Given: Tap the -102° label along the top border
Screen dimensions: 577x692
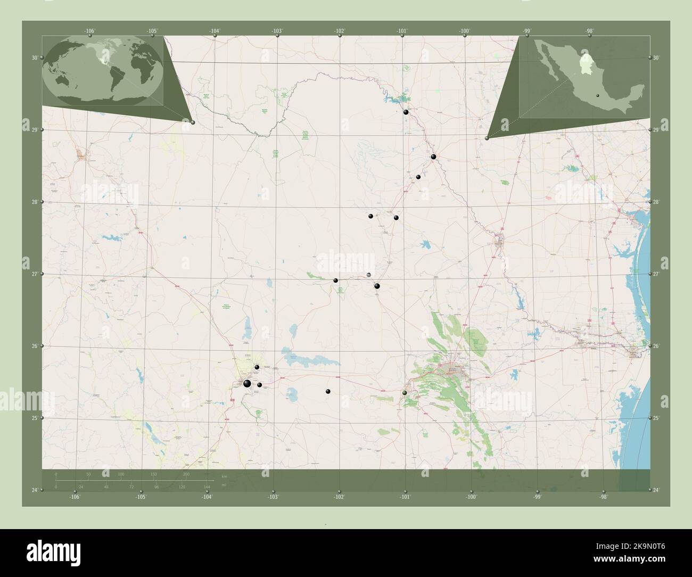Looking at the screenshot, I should click(x=340, y=31).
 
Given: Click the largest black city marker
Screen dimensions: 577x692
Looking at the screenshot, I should click(x=247, y=383).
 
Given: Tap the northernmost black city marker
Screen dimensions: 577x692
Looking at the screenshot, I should click(x=406, y=112).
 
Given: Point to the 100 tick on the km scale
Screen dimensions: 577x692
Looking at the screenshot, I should click(x=121, y=474).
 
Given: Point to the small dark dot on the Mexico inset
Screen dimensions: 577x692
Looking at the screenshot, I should click(x=598, y=96).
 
